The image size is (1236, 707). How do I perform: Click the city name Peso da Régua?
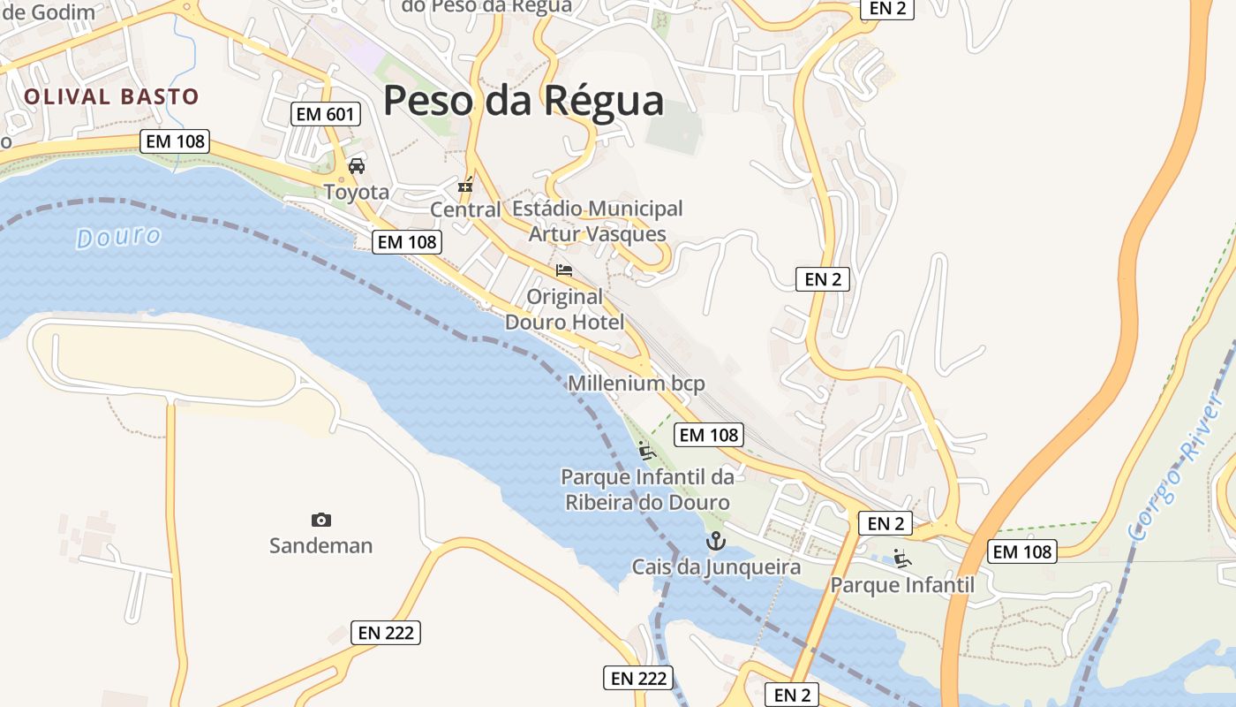coord(523,101)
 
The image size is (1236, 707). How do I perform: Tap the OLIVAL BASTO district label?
coord(111,96)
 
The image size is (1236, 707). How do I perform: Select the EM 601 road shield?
coord(326,114)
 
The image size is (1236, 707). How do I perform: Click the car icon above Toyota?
coord(357,165)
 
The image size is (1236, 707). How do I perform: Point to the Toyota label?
coord(357,192)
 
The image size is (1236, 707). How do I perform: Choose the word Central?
coord(465,209)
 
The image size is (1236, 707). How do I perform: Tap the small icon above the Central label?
coord(465,186)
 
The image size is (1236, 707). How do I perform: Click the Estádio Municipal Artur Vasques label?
coord(598,221)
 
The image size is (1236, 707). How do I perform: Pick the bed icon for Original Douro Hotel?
coord(564,270)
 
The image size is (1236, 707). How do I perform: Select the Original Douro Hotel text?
coord(564,309)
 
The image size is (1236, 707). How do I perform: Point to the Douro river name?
coord(118,237)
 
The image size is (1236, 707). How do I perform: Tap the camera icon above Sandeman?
coord(321,520)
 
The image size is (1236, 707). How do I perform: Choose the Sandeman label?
coord(321,545)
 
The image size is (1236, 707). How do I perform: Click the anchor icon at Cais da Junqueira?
coord(716,541)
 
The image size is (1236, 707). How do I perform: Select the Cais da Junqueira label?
coord(716,566)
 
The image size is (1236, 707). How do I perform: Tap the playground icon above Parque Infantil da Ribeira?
coord(647,451)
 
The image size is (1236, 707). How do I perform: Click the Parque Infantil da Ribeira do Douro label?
coord(647,490)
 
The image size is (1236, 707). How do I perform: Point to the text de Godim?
coord(49,12)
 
